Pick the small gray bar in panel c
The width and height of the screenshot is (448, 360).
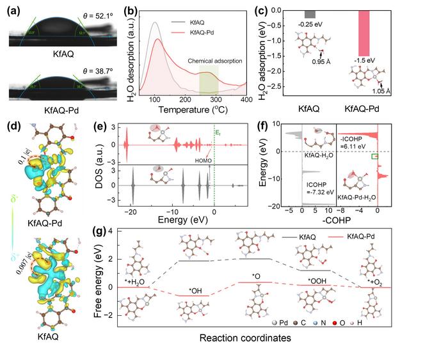(310, 15)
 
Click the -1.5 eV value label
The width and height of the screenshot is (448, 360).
(364, 63)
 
